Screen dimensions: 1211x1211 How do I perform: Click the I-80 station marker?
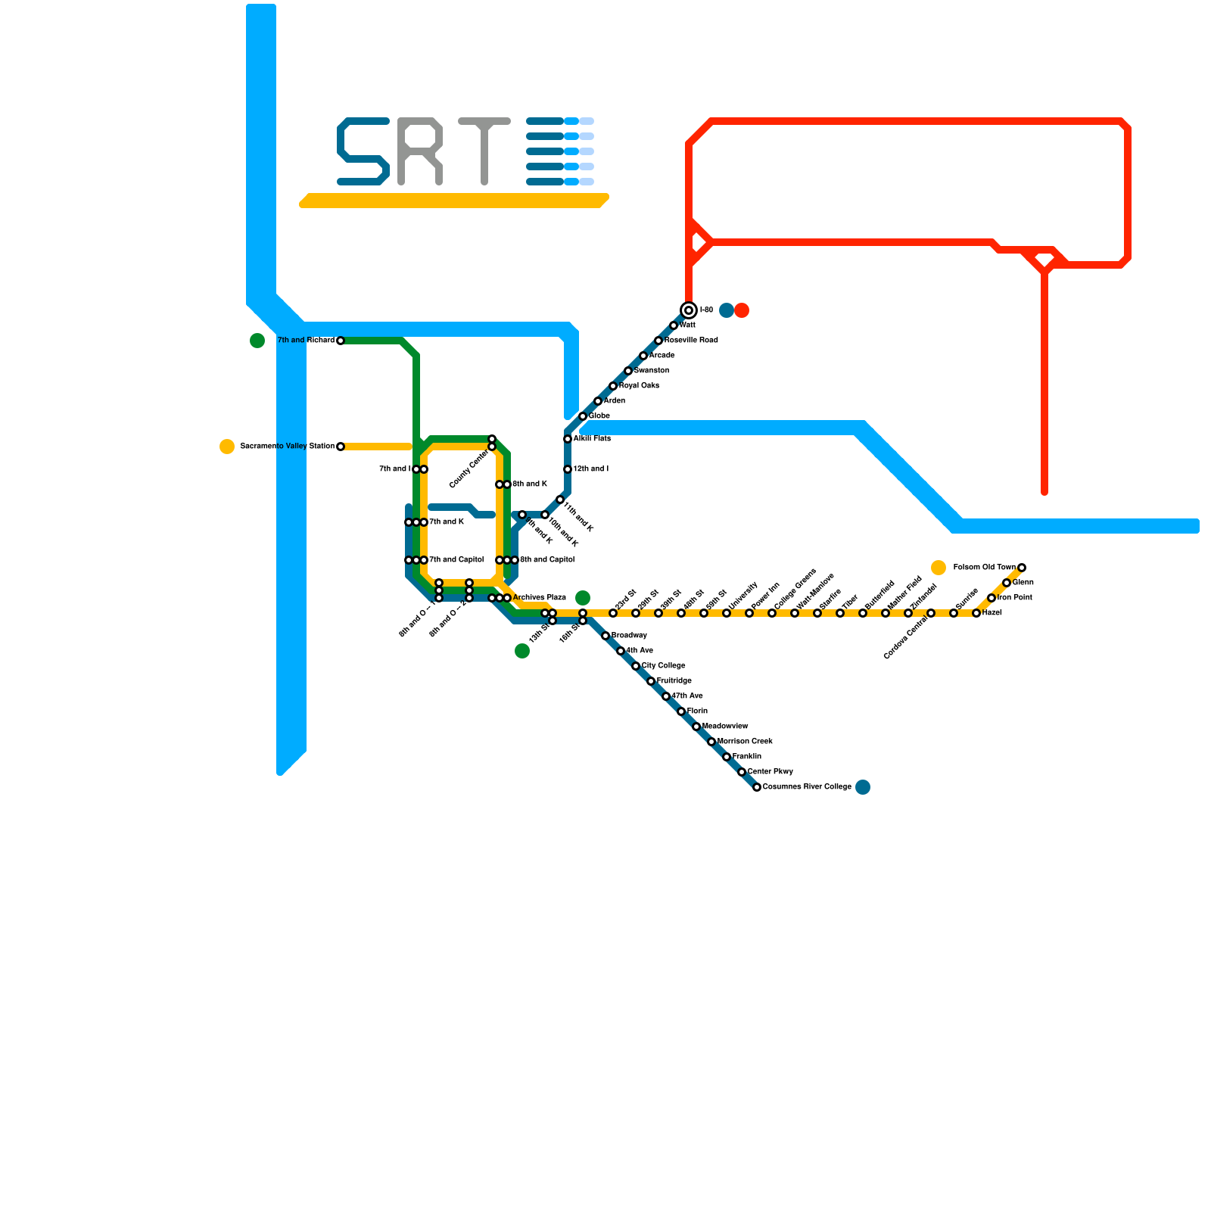pyautogui.click(x=689, y=310)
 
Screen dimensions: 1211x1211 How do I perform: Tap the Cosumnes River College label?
pyautogui.click(x=807, y=787)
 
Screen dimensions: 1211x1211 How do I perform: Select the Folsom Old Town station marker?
pyautogui.click(x=1022, y=568)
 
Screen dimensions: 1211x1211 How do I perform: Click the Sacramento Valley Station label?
pyautogui.click(x=287, y=447)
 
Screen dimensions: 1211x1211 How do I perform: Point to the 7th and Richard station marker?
pyautogui.click(x=341, y=341)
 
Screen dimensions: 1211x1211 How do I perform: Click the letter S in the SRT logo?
pyautogui.click(x=363, y=151)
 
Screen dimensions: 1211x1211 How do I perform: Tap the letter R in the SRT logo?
pyautogui.click(x=420, y=151)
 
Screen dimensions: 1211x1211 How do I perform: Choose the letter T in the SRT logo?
pyautogui.click(x=484, y=151)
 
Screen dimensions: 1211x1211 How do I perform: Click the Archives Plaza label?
pyautogui.click(x=539, y=598)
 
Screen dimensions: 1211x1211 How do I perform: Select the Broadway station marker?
pyautogui.click(x=605, y=636)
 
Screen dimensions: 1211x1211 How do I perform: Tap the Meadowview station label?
pyautogui.click(x=725, y=727)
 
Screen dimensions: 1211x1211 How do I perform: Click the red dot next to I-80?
pyautogui.click(x=742, y=310)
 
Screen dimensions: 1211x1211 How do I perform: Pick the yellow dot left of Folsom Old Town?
pyautogui.click(x=939, y=568)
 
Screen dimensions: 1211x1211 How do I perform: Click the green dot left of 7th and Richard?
pyautogui.click(x=257, y=341)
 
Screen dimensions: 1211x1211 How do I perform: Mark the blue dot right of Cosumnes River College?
pyautogui.click(x=863, y=787)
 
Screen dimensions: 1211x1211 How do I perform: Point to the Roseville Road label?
pyautogui.click(x=690, y=341)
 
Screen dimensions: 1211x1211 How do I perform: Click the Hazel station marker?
pyautogui.click(x=976, y=613)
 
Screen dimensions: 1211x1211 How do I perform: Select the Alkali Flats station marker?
pyautogui.click(x=568, y=439)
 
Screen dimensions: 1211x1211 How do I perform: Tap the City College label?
pyautogui.click(x=663, y=666)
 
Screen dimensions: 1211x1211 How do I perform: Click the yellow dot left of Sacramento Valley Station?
pyautogui.click(x=227, y=447)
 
